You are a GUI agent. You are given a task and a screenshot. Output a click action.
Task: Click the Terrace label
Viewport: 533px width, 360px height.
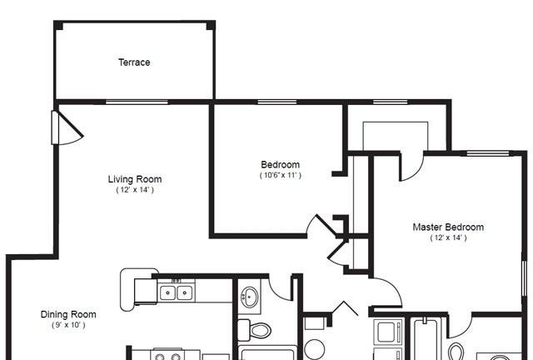pyautogui.click(x=134, y=62)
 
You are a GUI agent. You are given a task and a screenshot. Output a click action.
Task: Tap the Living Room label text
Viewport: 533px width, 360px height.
pyautogui.click(x=135, y=179)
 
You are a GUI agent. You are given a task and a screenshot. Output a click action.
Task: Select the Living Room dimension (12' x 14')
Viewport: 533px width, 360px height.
pyautogui.click(x=135, y=190)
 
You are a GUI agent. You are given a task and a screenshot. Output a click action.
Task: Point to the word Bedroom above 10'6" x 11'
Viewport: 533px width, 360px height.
pyautogui.click(x=281, y=165)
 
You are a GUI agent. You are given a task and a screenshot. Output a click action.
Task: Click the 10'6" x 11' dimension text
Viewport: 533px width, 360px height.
pyautogui.click(x=281, y=175)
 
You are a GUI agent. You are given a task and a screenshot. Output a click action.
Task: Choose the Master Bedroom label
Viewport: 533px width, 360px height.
pyautogui.click(x=448, y=227)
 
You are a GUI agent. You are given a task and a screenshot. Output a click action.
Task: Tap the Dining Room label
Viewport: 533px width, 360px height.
pyautogui.click(x=68, y=314)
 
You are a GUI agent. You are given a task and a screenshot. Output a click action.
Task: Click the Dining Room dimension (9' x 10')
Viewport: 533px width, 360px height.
pyautogui.click(x=68, y=325)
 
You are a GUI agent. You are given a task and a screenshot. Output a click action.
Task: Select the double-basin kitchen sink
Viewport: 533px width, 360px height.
pyautogui.click(x=176, y=292)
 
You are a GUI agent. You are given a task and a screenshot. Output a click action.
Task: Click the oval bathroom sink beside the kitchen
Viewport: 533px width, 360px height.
pyautogui.click(x=250, y=297)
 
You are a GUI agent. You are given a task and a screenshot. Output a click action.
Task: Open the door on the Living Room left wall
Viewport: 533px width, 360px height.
pyautogui.click(x=67, y=127)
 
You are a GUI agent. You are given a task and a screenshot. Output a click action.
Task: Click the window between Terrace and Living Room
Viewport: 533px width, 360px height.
pyautogui.click(x=137, y=102)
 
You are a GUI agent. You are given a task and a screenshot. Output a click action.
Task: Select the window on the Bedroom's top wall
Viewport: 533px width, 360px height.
pyautogui.click(x=277, y=102)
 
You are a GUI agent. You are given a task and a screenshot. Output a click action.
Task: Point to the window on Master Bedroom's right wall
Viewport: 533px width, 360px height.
pyautogui.click(x=524, y=278)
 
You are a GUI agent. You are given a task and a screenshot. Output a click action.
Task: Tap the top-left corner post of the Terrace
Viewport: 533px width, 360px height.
pyautogui.click(x=58, y=25)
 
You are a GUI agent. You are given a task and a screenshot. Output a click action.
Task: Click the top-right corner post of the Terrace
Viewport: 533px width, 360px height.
pyautogui.click(x=211, y=25)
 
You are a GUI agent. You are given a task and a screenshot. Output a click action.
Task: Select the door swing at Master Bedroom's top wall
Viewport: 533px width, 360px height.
pyautogui.click(x=412, y=166)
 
